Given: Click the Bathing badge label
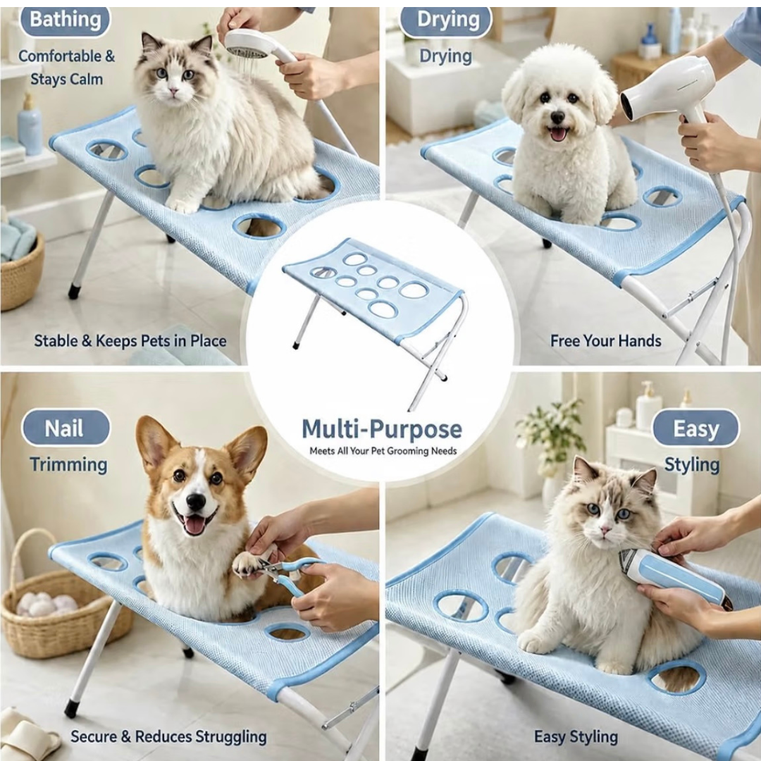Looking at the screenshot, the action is [x=65, y=20].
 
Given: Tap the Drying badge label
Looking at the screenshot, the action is [x=447, y=20].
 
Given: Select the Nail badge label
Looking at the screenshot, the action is [x=65, y=428].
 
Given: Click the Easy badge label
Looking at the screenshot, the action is [x=695, y=428].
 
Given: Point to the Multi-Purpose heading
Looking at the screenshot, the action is [x=381, y=428].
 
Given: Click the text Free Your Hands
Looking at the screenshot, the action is [x=606, y=341].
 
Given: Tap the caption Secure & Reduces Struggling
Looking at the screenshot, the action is [x=168, y=736].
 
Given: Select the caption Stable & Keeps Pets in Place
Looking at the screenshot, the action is [x=130, y=341].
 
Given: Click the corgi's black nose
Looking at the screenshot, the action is [x=196, y=502].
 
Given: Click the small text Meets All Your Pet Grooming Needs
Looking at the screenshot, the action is [x=383, y=451].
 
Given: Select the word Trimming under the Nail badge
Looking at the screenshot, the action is [x=68, y=464].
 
